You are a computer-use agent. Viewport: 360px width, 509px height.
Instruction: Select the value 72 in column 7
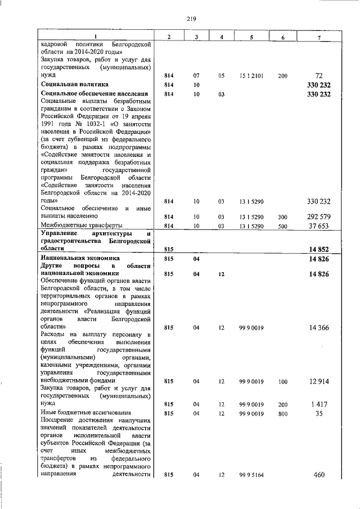pos(318,75)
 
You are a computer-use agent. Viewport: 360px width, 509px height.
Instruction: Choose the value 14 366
pos(318,327)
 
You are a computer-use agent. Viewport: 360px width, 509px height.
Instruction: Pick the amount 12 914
pos(318,381)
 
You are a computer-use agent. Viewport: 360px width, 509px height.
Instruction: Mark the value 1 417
pos(318,404)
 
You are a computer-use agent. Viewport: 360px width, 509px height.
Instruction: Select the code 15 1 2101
pos(249,75)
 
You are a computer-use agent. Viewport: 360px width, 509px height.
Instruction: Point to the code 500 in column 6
pos(282,226)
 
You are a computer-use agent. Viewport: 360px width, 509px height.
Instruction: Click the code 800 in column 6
pos(282,413)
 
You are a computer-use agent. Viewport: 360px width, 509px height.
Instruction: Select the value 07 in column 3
pos(196,75)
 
